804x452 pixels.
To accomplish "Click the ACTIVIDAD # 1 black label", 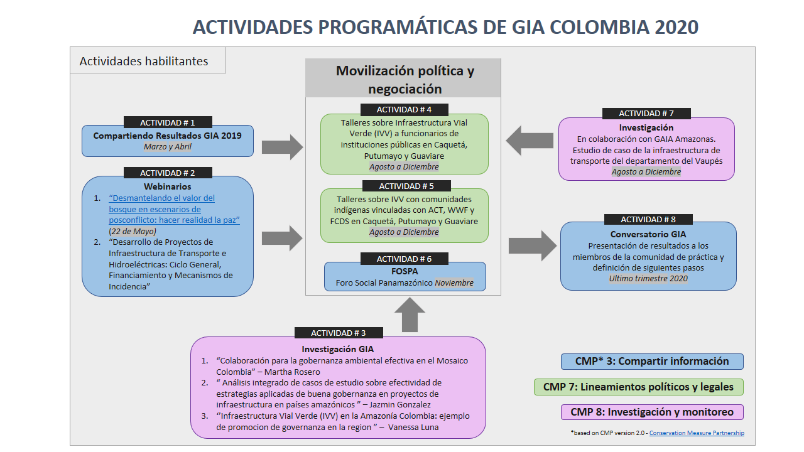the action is tap(168, 122).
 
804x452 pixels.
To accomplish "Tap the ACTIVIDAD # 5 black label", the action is tap(406, 186).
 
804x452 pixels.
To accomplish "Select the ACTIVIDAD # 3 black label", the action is tap(339, 333).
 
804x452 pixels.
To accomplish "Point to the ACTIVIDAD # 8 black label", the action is tap(648, 219).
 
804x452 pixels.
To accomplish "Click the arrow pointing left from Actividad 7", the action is tap(530, 141).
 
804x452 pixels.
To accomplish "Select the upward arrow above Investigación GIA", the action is tap(410, 315).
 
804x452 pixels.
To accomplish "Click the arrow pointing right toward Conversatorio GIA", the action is tap(533, 245).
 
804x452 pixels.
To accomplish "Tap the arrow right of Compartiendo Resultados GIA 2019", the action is tap(283, 147).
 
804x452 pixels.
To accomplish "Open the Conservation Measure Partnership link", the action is tap(697, 433).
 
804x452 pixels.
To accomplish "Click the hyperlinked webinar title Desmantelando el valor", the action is tap(174, 209).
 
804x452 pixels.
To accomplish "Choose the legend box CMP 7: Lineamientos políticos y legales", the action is tap(639, 387).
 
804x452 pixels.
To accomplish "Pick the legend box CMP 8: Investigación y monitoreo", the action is tap(652, 412).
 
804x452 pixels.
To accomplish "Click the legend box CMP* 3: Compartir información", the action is tap(652, 361).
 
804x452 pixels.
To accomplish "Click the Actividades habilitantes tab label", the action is tap(144, 62).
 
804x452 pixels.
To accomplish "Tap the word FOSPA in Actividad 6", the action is tap(405, 271).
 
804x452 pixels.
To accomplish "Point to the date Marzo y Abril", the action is tap(168, 147).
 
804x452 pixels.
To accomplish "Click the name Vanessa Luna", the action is tap(413, 428).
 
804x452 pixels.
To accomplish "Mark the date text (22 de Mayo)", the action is tap(133, 232).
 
